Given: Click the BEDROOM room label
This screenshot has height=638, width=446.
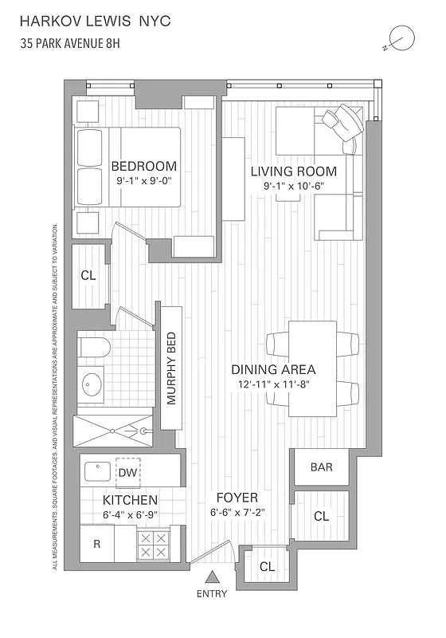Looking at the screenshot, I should pos(143,166).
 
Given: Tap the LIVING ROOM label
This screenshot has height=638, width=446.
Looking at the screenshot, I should pos(293,171).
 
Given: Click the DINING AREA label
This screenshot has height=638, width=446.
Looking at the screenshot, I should pos(273,369).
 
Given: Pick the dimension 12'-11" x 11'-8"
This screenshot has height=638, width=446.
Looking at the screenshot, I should pos(273,384).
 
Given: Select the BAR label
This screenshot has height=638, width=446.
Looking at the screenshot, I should pos(321,467).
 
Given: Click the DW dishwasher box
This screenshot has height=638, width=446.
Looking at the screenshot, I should pos(127,473).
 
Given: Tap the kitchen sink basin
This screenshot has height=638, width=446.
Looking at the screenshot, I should pos(99,471).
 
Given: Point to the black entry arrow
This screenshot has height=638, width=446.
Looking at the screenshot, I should pos(212,577).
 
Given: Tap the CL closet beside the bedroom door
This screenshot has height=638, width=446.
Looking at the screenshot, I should pos(88,275).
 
